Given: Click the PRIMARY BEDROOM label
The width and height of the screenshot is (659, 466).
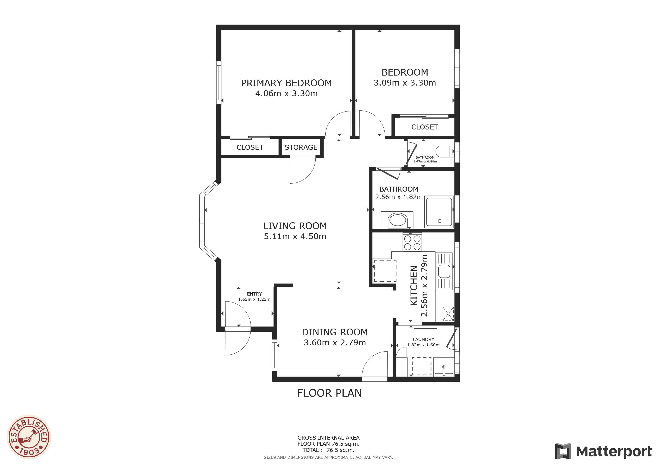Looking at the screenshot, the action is [x=286, y=83].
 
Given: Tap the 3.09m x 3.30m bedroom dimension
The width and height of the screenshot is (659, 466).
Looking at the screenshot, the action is [x=405, y=83].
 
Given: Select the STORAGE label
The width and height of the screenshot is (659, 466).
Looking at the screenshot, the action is [x=301, y=147].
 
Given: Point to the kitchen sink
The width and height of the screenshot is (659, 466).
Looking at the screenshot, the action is [x=444, y=271].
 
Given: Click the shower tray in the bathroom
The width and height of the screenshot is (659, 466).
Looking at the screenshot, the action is [x=439, y=212].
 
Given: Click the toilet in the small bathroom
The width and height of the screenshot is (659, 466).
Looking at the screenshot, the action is [x=445, y=151].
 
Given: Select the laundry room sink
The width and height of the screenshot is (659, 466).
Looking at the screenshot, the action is [x=444, y=367].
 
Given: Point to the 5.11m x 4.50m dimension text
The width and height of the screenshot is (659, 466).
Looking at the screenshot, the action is [x=295, y=236].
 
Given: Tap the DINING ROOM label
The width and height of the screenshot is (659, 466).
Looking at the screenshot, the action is [x=335, y=332].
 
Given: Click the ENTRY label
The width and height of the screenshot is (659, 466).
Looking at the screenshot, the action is [x=254, y=294].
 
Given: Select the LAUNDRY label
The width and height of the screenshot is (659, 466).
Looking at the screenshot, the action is [x=423, y=339].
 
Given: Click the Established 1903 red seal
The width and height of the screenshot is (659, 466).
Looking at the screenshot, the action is [x=29, y=437].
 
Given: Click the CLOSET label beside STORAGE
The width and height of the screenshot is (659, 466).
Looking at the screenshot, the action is [x=250, y=147].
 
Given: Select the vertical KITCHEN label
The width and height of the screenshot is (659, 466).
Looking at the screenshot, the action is [x=414, y=286].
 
